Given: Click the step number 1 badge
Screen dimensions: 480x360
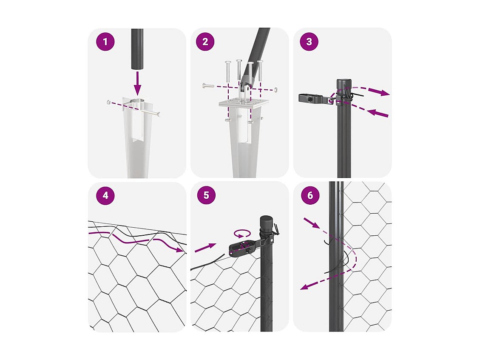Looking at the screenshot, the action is [105, 42].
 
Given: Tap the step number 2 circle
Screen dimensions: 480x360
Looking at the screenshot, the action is [205, 42].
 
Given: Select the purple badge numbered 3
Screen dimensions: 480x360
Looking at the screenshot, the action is [309, 42].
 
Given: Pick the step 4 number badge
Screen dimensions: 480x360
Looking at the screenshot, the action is [105, 195].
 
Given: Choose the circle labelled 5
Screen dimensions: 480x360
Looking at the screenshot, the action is [206, 195].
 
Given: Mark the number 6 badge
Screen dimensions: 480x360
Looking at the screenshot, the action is [310, 195].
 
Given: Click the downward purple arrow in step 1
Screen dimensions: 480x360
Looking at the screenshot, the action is [137, 83].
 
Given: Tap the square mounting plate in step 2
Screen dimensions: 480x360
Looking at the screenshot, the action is [244, 103].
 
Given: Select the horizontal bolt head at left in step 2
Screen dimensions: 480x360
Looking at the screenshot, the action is [204, 86].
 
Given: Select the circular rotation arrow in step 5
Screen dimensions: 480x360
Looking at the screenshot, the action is [242, 233].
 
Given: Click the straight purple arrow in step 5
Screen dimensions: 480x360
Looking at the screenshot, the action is [205, 248].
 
